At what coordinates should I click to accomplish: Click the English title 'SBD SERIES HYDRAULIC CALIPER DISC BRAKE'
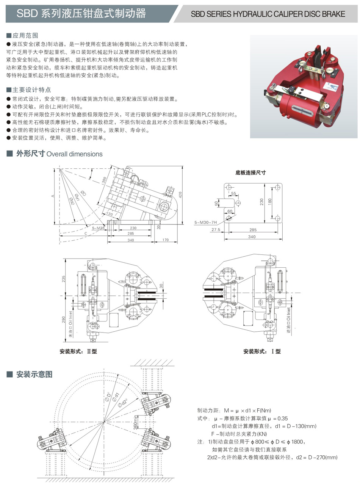coord(268,14)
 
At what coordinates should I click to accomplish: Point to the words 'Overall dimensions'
coord(74,154)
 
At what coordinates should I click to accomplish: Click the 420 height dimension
coord(181,195)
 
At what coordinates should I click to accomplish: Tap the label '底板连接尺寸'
coord(250,172)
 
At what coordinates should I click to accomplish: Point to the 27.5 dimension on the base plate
coord(216,230)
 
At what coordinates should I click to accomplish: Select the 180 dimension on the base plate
coord(269,201)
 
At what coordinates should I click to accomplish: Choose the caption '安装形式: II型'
coord(78,351)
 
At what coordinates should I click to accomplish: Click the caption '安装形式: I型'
coord(262,351)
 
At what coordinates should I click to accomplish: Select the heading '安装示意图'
coord(34,375)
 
